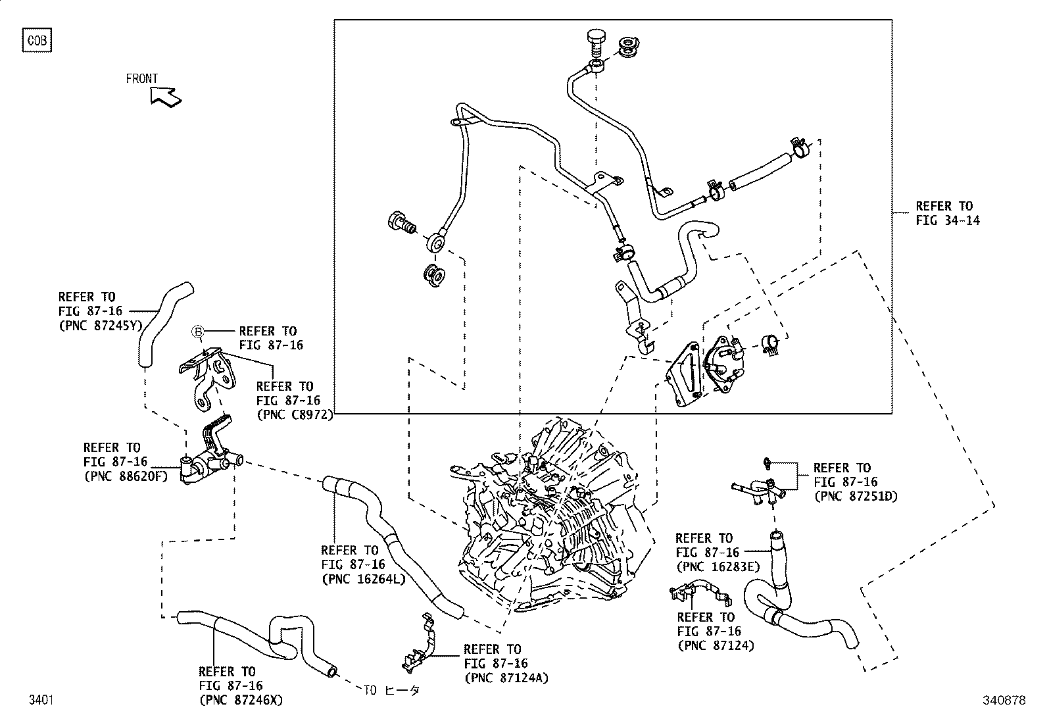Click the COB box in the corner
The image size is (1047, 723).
(x=37, y=41)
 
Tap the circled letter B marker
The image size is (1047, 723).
(x=197, y=332)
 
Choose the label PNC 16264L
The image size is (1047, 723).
(x=363, y=579)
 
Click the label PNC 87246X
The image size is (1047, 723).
(x=241, y=700)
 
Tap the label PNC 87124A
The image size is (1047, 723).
(x=506, y=678)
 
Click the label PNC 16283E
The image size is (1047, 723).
(x=718, y=566)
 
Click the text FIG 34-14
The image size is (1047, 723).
(x=948, y=221)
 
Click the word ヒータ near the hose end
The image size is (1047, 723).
(x=401, y=690)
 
